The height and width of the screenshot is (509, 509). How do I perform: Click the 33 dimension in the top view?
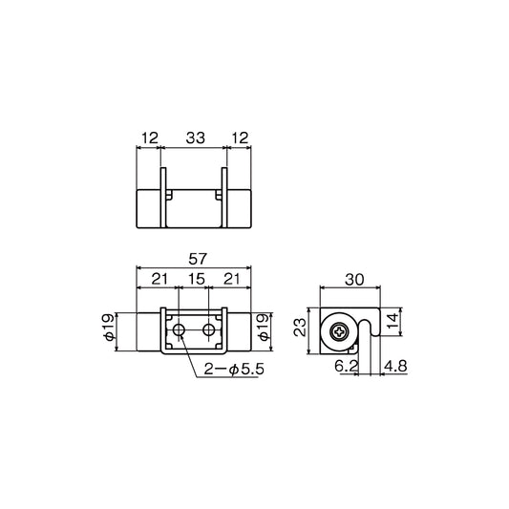[x=195, y=138]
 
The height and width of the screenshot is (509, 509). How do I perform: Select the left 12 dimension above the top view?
[x=148, y=138]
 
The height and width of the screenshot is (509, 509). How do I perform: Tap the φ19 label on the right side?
[x=282, y=332]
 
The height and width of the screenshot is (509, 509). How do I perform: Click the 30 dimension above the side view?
[x=353, y=280]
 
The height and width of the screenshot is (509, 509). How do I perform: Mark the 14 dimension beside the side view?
[x=406, y=322]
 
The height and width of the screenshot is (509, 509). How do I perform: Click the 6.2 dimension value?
[x=347, y=365]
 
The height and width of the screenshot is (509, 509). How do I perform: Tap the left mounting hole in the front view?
[x=180, y=330]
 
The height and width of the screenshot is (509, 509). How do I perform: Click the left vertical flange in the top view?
[x=162, y=199]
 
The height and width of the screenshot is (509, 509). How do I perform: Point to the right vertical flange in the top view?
[x=227, y=199]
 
